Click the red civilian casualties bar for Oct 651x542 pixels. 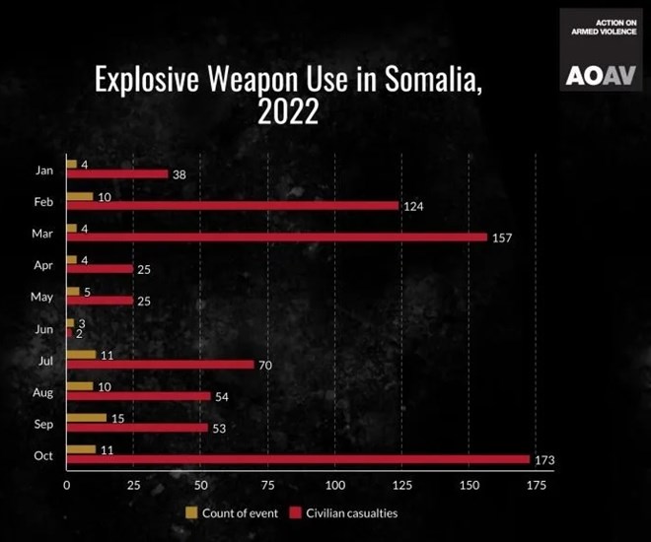(x=298, y=459)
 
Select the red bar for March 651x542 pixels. (x=276, y=237)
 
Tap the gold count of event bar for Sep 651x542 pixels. (x=86, y=417)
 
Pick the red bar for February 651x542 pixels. (x=232, y=206)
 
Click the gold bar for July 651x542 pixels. (x=81, y=354)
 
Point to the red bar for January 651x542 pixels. (x=116, y=174)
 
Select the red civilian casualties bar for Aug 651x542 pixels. (x=138, y=396)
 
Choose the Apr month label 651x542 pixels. (x=43, y=265)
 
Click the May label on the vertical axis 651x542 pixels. (x=42, y=297)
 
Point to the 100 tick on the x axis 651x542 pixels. (x=334, y=486)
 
